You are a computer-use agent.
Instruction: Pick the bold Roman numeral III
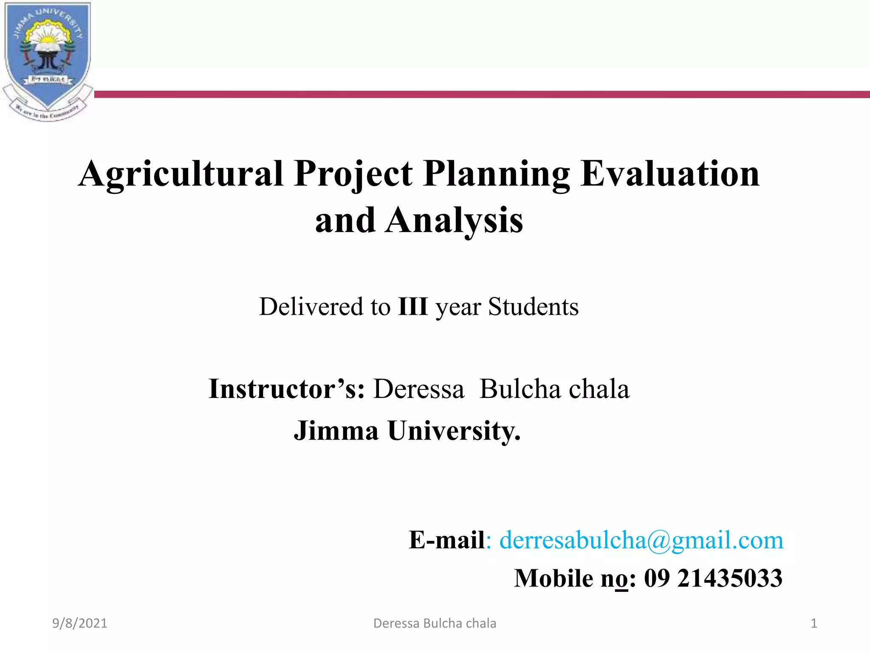coord(412,307)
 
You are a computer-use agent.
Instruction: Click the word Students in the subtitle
coord(533,307)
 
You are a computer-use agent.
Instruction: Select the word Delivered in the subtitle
coord(311,307)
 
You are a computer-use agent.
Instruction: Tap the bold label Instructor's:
coord(286,389)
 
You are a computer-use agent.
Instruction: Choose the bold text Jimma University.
coord(407,431)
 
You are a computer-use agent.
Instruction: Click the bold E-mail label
coord(446,540)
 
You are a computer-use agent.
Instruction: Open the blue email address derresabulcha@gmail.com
coord(641,540)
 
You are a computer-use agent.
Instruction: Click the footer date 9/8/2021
coord(79,623)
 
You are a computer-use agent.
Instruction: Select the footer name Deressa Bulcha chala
coord(435,623)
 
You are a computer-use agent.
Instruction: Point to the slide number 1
coord(814,623)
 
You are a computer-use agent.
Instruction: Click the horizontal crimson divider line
coord(480,94)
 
